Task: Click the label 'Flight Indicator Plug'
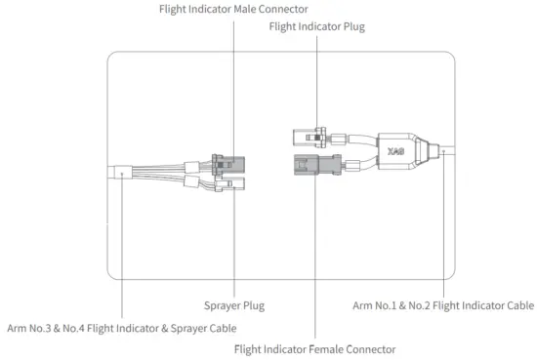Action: click(316, 27)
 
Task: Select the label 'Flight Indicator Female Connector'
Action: click(315, 348)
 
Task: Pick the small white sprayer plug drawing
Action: click(236, 182)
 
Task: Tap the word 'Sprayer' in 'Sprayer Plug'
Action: click(222, 305)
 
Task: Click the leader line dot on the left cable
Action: click(121, 175)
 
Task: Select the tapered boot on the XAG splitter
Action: click(426, 152)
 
